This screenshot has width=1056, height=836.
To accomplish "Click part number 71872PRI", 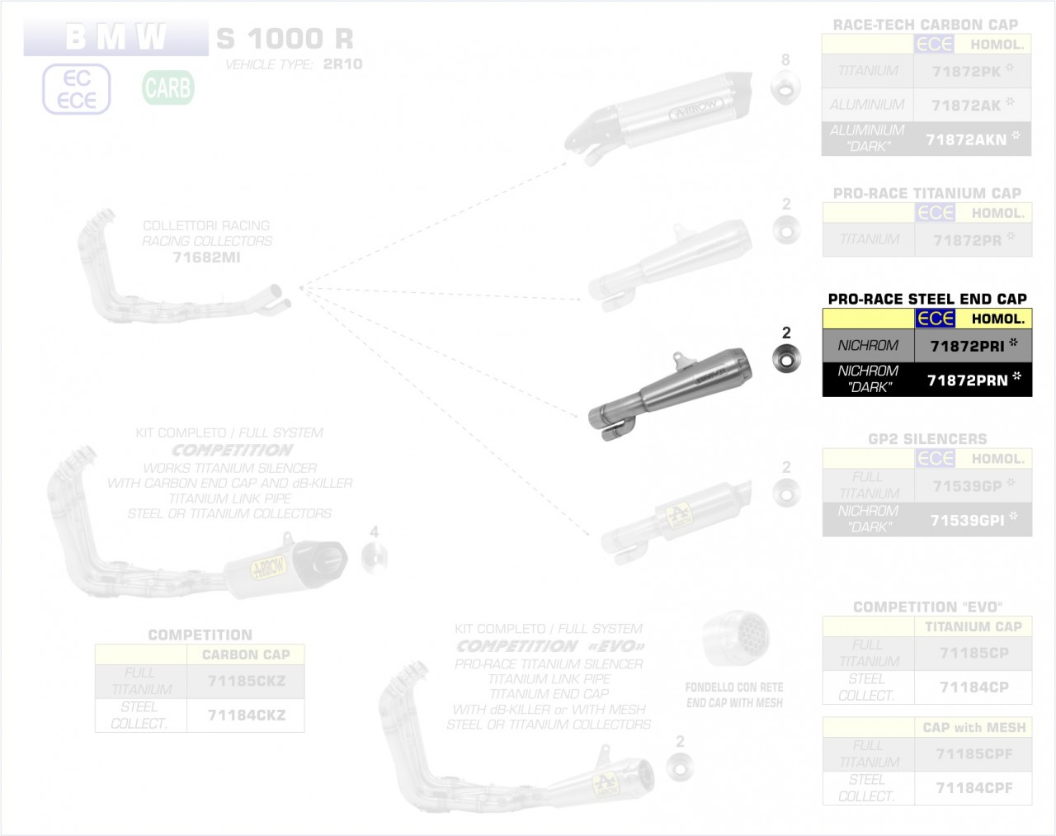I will point(967,347).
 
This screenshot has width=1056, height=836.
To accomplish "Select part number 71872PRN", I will point(967,380).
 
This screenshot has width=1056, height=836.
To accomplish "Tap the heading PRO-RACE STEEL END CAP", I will point(927,299).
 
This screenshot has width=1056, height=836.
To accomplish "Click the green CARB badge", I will point(167,87).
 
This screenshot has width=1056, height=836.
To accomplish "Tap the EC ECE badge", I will point(76,89).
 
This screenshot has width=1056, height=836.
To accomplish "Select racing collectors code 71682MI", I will point(206,257).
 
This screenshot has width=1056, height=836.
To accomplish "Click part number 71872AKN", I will point(966,139).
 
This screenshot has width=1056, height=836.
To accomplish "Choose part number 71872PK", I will point(966,72).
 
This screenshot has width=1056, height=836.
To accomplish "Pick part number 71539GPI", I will point(966,520).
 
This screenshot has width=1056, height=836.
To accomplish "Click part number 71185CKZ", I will point(246,682).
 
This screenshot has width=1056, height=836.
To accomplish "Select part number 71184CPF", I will point(973,788).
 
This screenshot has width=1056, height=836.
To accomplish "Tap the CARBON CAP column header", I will point(246,654).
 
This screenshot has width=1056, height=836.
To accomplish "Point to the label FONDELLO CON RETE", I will point(734,687).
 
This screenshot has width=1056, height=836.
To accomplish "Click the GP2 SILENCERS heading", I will point(927,439).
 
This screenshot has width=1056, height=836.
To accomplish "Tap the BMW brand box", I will point(115,38).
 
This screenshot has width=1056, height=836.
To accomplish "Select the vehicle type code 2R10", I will point(342,64).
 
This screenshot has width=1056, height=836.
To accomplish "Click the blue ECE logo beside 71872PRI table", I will point(936,319).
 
